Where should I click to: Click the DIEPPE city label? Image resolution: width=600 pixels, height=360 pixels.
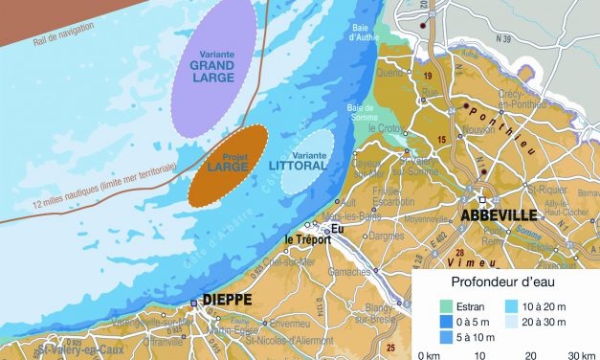coord(227,300)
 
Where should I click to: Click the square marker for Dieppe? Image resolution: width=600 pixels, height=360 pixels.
coord(193,304)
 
